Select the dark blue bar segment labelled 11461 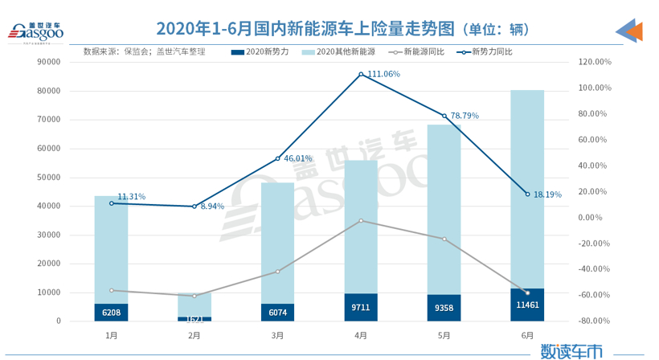pos(527,305)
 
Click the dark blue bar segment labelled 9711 pos(361,308)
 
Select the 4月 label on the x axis pos(361,335)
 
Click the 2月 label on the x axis pos(194,335)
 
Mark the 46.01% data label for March pos(297,159)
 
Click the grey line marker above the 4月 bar pos(361,220)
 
